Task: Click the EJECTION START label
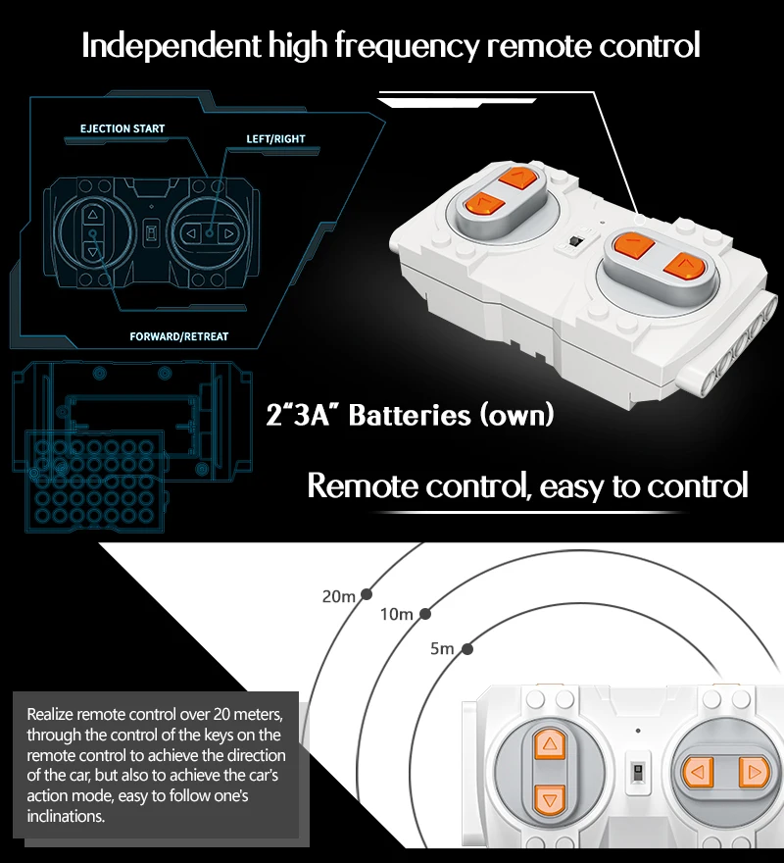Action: coord(122,128)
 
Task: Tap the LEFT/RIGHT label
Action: coord(275,139)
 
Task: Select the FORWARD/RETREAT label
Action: coord(178,336)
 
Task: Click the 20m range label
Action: coord(339,596)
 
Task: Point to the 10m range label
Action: coord(397,614)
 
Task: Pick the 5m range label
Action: coord(442,649)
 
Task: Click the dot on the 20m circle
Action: coord(367,594)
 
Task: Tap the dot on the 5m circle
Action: coord(467,649)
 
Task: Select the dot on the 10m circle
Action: coord(424,614)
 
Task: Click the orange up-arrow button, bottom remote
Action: coord(550,744)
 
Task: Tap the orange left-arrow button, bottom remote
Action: coord(698,772)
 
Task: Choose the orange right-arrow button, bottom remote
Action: coord(754,773)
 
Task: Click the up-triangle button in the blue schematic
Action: coord(92,215)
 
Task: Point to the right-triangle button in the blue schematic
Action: coord(228,234)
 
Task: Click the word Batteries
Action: coord(410,415)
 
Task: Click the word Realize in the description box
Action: coord(50,714)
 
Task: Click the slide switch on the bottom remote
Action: coord(638,772)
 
